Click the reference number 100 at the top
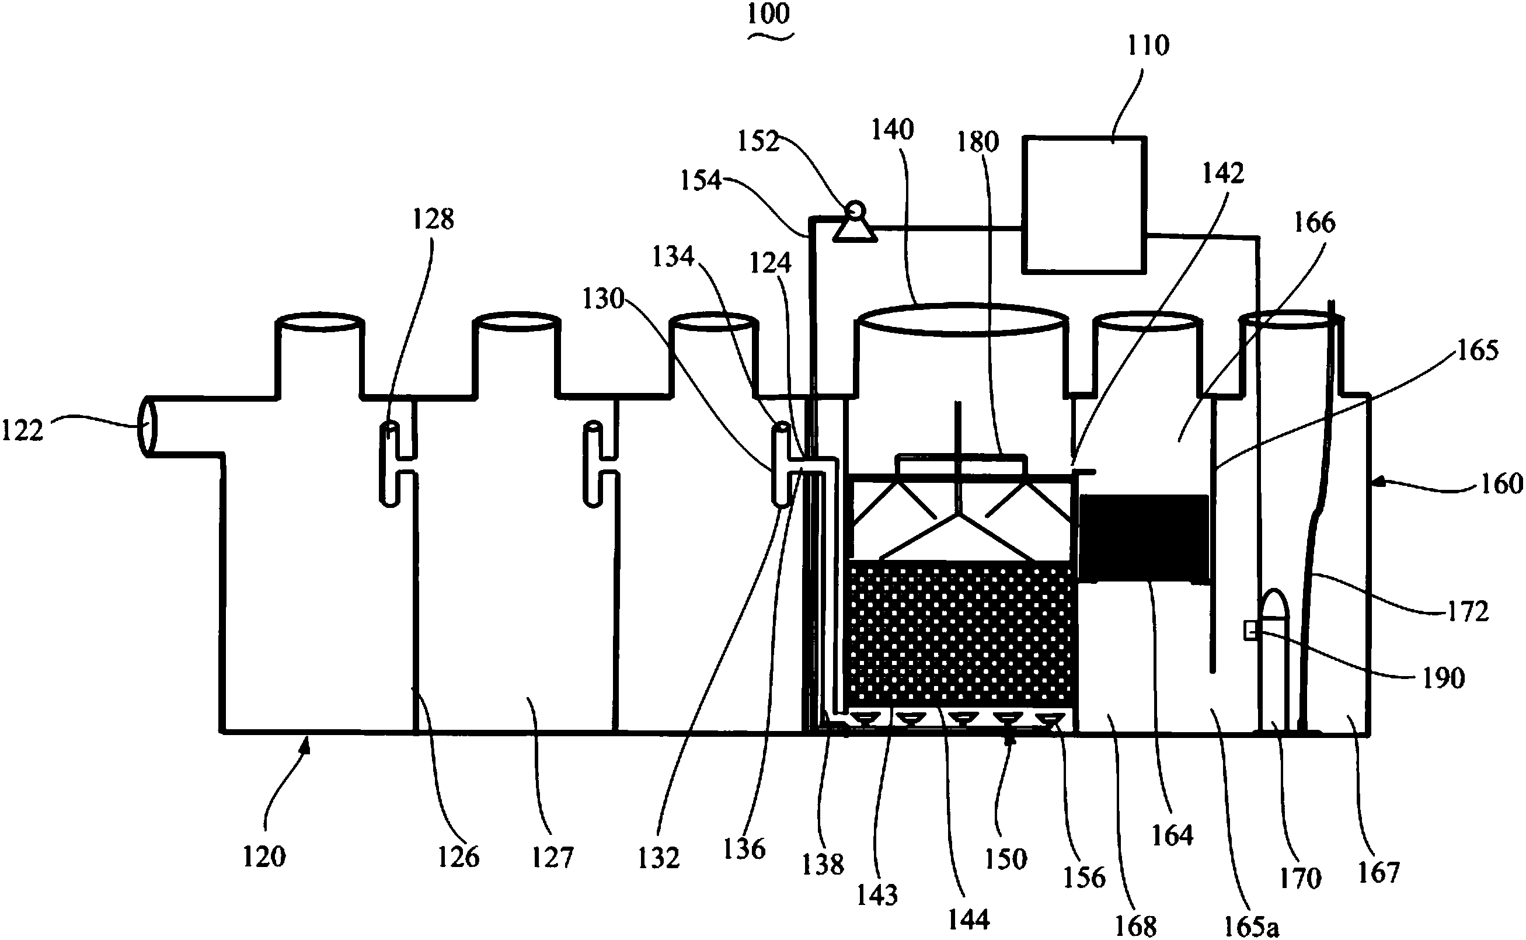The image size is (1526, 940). pyautogui.click(x=769, y=13)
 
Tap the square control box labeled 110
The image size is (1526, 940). pyautogui.click(x=1084, y=204)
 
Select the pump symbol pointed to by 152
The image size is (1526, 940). pyautogui.click(x=855, y=222)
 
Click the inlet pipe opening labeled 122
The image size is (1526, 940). pyautogui.click(x=147, y=426)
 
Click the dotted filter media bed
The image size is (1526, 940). pyautogui.click(x=961, y=633)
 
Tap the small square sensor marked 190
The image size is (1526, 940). pyautogui.click(x=1249, y=631)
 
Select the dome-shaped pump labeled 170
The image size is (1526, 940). pyautogui.click(x=1273, y=659)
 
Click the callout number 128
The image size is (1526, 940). pyautogui.click(x=433, y=219)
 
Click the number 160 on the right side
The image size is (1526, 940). pyautogui.click(x=1501, y=483)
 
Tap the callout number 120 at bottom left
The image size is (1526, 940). pyautogui.click(x=264, y=857)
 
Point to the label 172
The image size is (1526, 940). pyautogui.click(x=1468, y=612)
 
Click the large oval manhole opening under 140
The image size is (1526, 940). pyautogui.click(x=962, y=319)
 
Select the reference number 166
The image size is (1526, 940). pyautogui.click(x=1315, y=222)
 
